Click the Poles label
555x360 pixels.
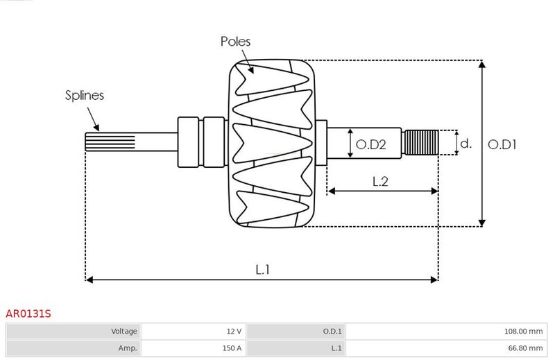235,42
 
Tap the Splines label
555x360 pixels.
85,95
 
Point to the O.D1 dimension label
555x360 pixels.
502,144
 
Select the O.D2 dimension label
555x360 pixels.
370,144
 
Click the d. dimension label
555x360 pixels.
466,144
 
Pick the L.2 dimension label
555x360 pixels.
380,182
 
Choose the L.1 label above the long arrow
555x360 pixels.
263,270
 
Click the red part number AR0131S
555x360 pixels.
28,314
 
